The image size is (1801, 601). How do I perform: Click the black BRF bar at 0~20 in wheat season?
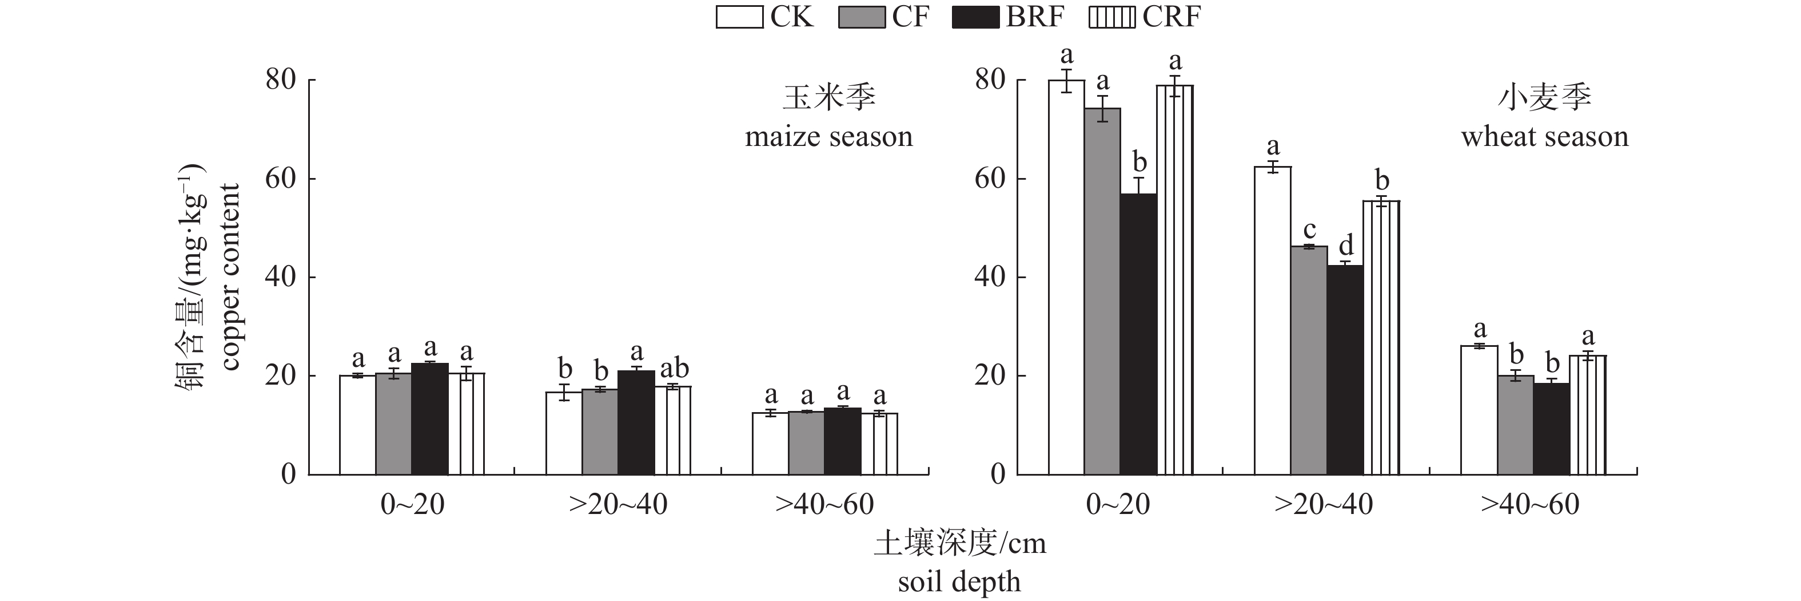point(1138,334)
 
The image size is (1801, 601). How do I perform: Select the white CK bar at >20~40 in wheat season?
point(1273,321)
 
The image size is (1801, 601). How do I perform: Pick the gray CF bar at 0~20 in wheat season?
point(1102,291)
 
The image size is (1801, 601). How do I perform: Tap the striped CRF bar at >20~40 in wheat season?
point(1381,337)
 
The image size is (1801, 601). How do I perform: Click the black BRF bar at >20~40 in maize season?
point(636,422)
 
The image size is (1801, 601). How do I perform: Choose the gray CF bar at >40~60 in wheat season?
point(1515,425)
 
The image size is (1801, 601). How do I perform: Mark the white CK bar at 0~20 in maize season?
point(358,425)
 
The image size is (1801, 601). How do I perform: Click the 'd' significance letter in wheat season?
point(1346,246)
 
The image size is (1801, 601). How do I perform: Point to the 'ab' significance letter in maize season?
point(674,368)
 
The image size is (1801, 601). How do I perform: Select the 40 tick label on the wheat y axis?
point(990,278)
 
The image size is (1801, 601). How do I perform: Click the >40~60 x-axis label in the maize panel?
point(824,504)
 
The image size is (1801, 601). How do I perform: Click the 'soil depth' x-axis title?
point(959,582)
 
